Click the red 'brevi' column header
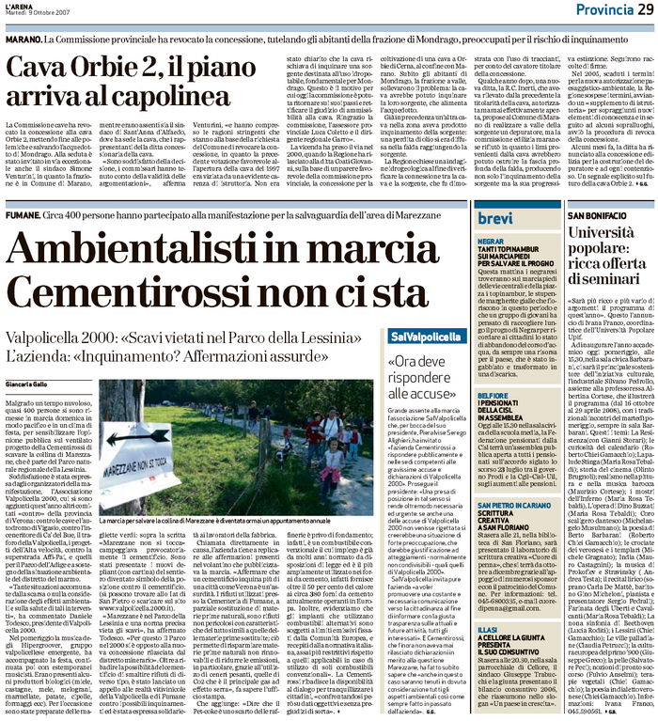click(495, 219)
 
